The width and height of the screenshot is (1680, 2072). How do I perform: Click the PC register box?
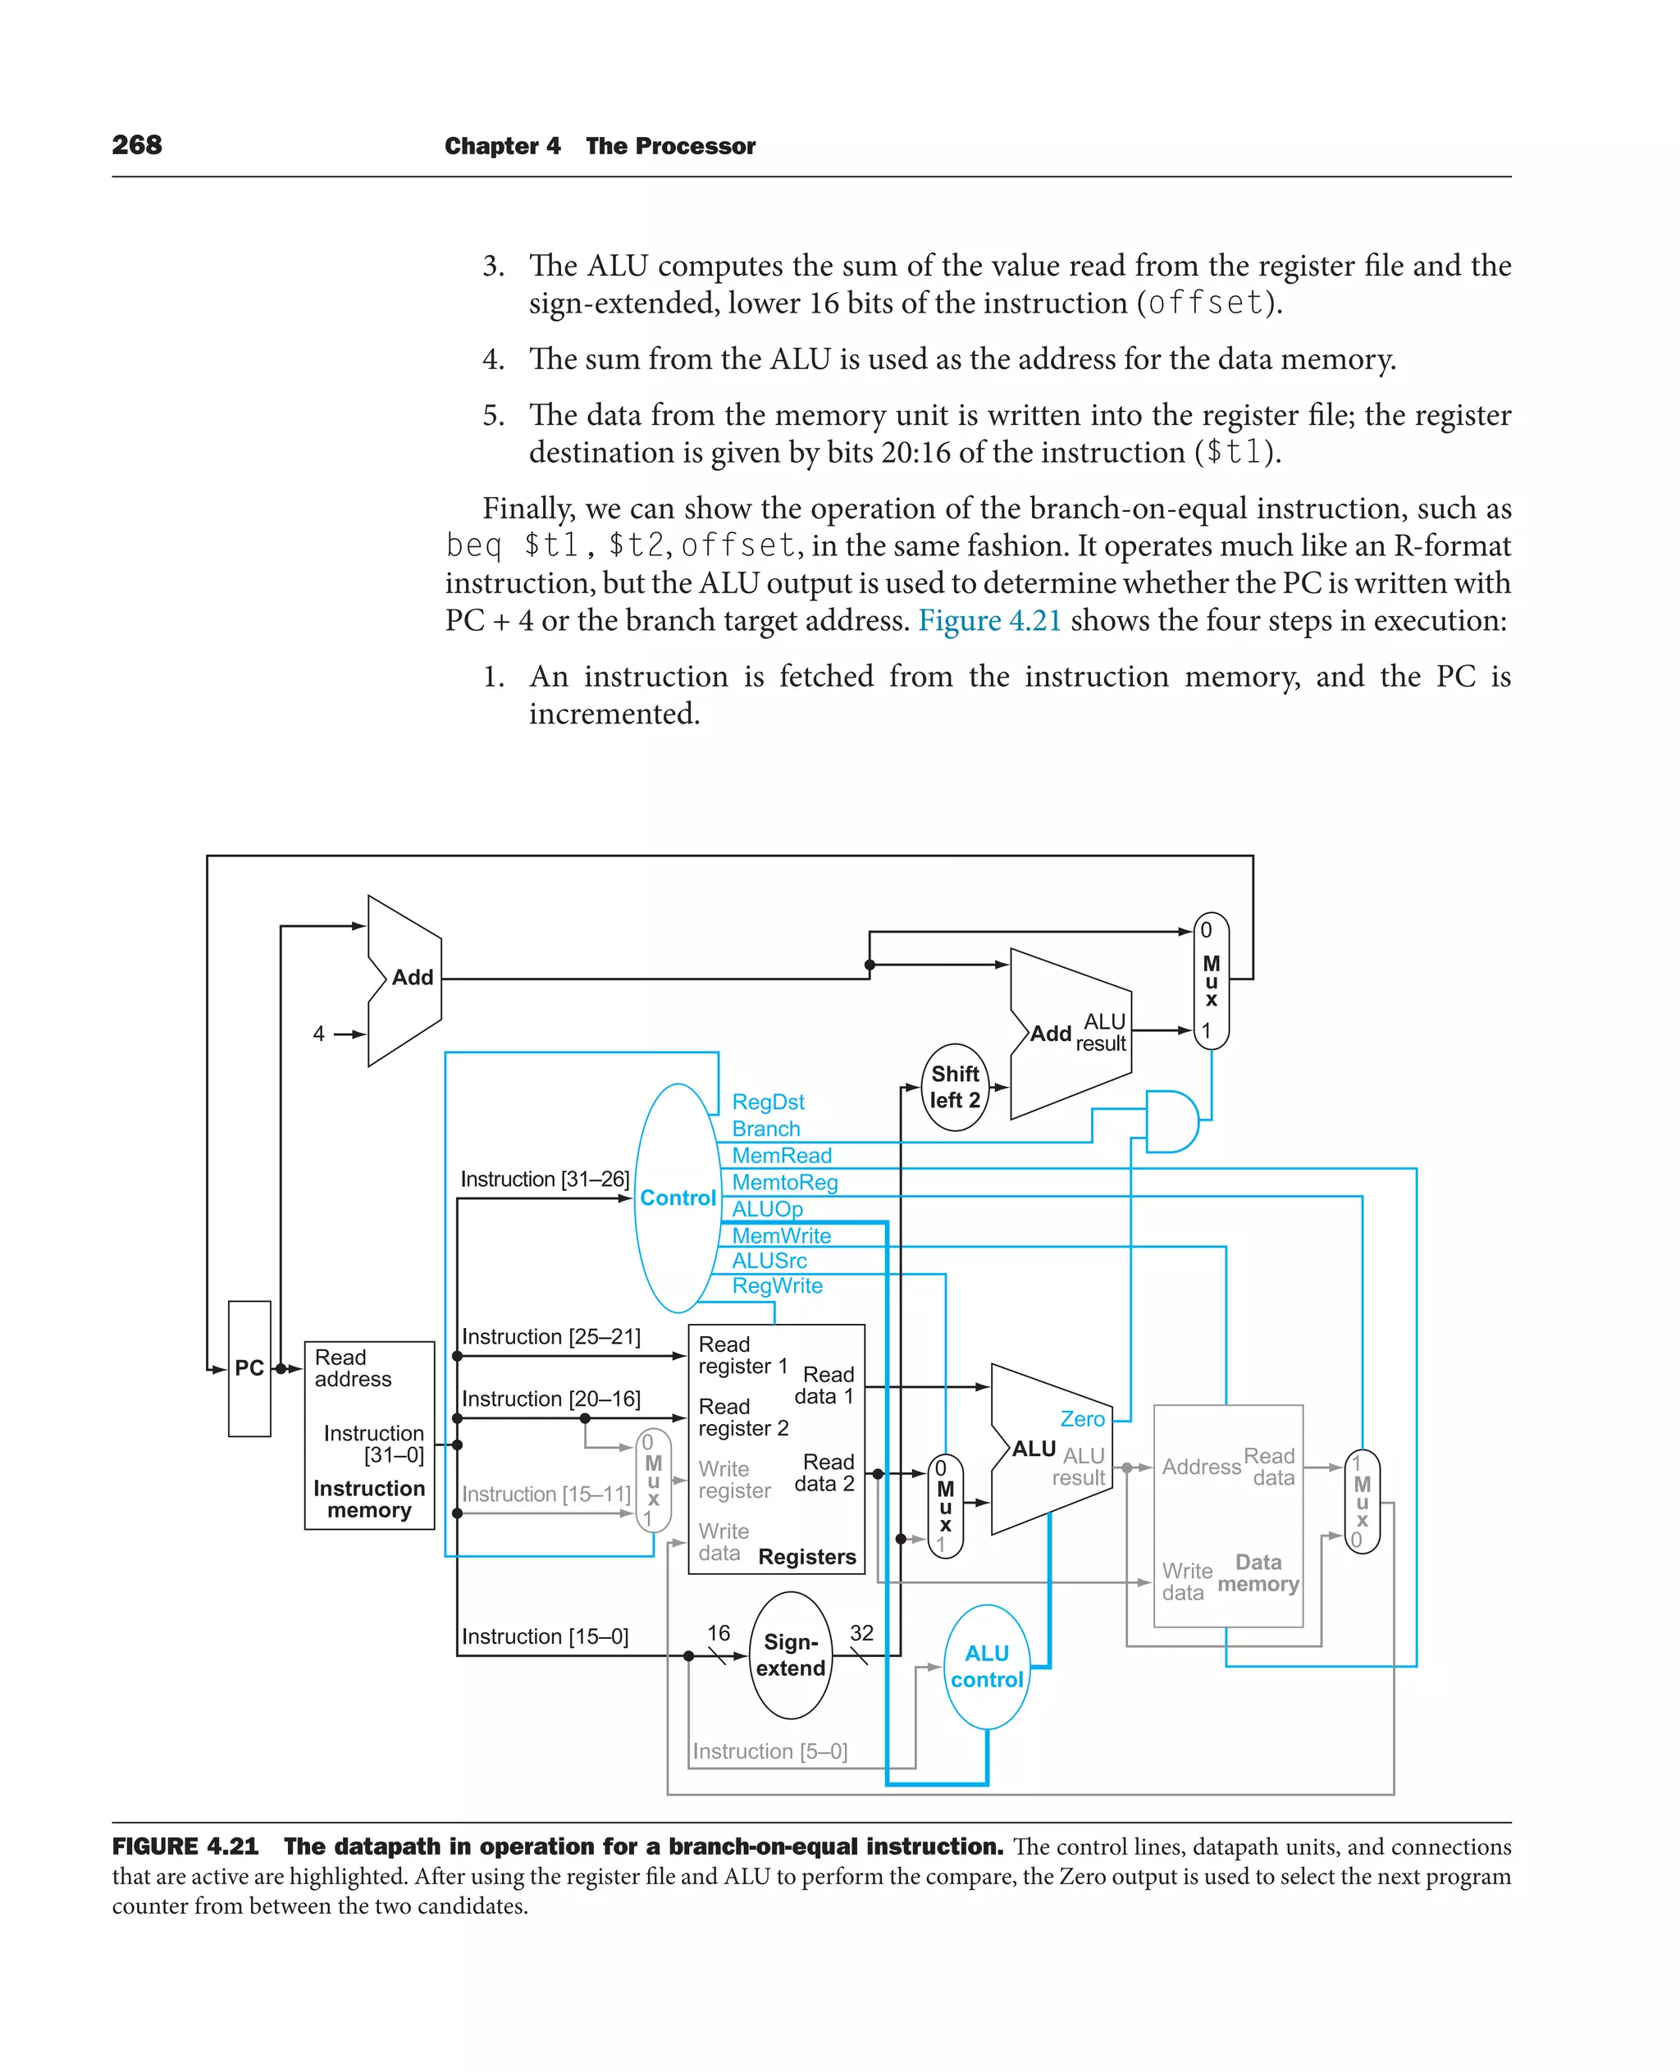click(249, 1367)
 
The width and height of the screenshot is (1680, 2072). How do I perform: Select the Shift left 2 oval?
click(954, 1087)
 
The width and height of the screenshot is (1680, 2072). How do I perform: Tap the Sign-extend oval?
click(791, 1654)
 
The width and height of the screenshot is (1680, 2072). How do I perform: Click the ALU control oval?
click(986, 1667)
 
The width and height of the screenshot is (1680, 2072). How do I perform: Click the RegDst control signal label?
click(768, 1102)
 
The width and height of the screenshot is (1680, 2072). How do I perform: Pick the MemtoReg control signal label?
click(784, 1182)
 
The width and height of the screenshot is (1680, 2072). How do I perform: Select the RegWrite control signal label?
click(777, 1285)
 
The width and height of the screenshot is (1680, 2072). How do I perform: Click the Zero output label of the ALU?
click(1082, 1419)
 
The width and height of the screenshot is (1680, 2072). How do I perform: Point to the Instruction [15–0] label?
click(545, 1636)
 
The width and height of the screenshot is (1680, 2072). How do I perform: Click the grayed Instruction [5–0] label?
click(769, 1750)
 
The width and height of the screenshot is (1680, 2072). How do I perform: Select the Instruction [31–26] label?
click(545, 1179)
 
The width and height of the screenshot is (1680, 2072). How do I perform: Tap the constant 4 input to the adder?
click(318, 1034)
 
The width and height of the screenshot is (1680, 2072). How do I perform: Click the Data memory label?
click(1258, 1572)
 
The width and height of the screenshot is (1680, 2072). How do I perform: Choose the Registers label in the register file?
click(807, 1556)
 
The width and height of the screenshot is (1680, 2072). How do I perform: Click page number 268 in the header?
click(136, 145)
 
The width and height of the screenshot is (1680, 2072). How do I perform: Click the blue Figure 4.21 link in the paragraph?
click(989, 620)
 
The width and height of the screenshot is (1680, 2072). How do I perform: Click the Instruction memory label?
click(368, 1499)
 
